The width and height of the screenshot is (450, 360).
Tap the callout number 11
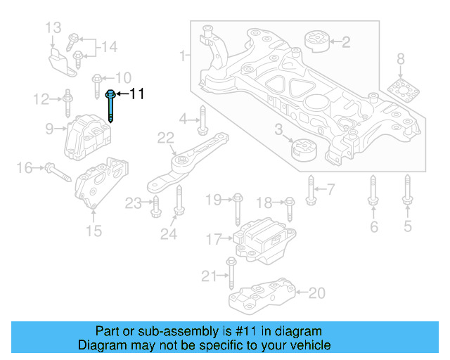(136, 94)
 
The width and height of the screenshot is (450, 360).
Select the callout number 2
(345, 43)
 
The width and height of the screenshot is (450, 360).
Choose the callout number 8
(400, 58)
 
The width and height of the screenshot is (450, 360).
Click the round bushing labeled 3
(304, 149)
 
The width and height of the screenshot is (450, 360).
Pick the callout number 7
(330, 188)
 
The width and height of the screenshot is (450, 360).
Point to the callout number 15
(94, 231)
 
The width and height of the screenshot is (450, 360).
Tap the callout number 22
(165, 137)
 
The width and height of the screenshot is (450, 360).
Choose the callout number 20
(317, 292)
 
